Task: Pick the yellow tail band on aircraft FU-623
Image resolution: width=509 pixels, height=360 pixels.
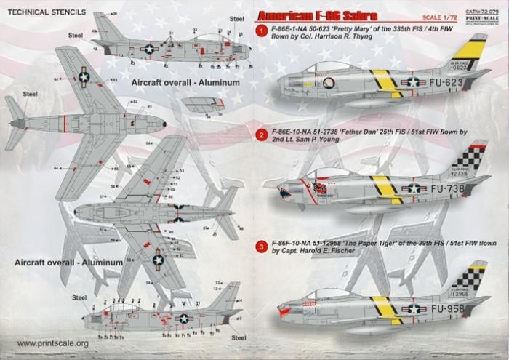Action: pyautogui.click(x=461, y=55)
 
